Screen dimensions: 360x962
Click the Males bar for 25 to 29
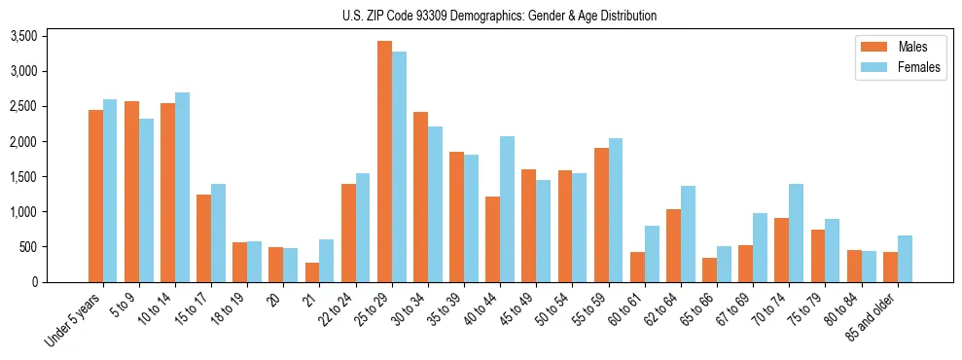(x=384, y=162)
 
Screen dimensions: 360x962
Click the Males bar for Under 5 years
(x=95, y=196)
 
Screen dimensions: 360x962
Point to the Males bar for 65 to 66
(x=709, y=270)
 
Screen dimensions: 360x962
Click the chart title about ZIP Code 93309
(x=499, y=16)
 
